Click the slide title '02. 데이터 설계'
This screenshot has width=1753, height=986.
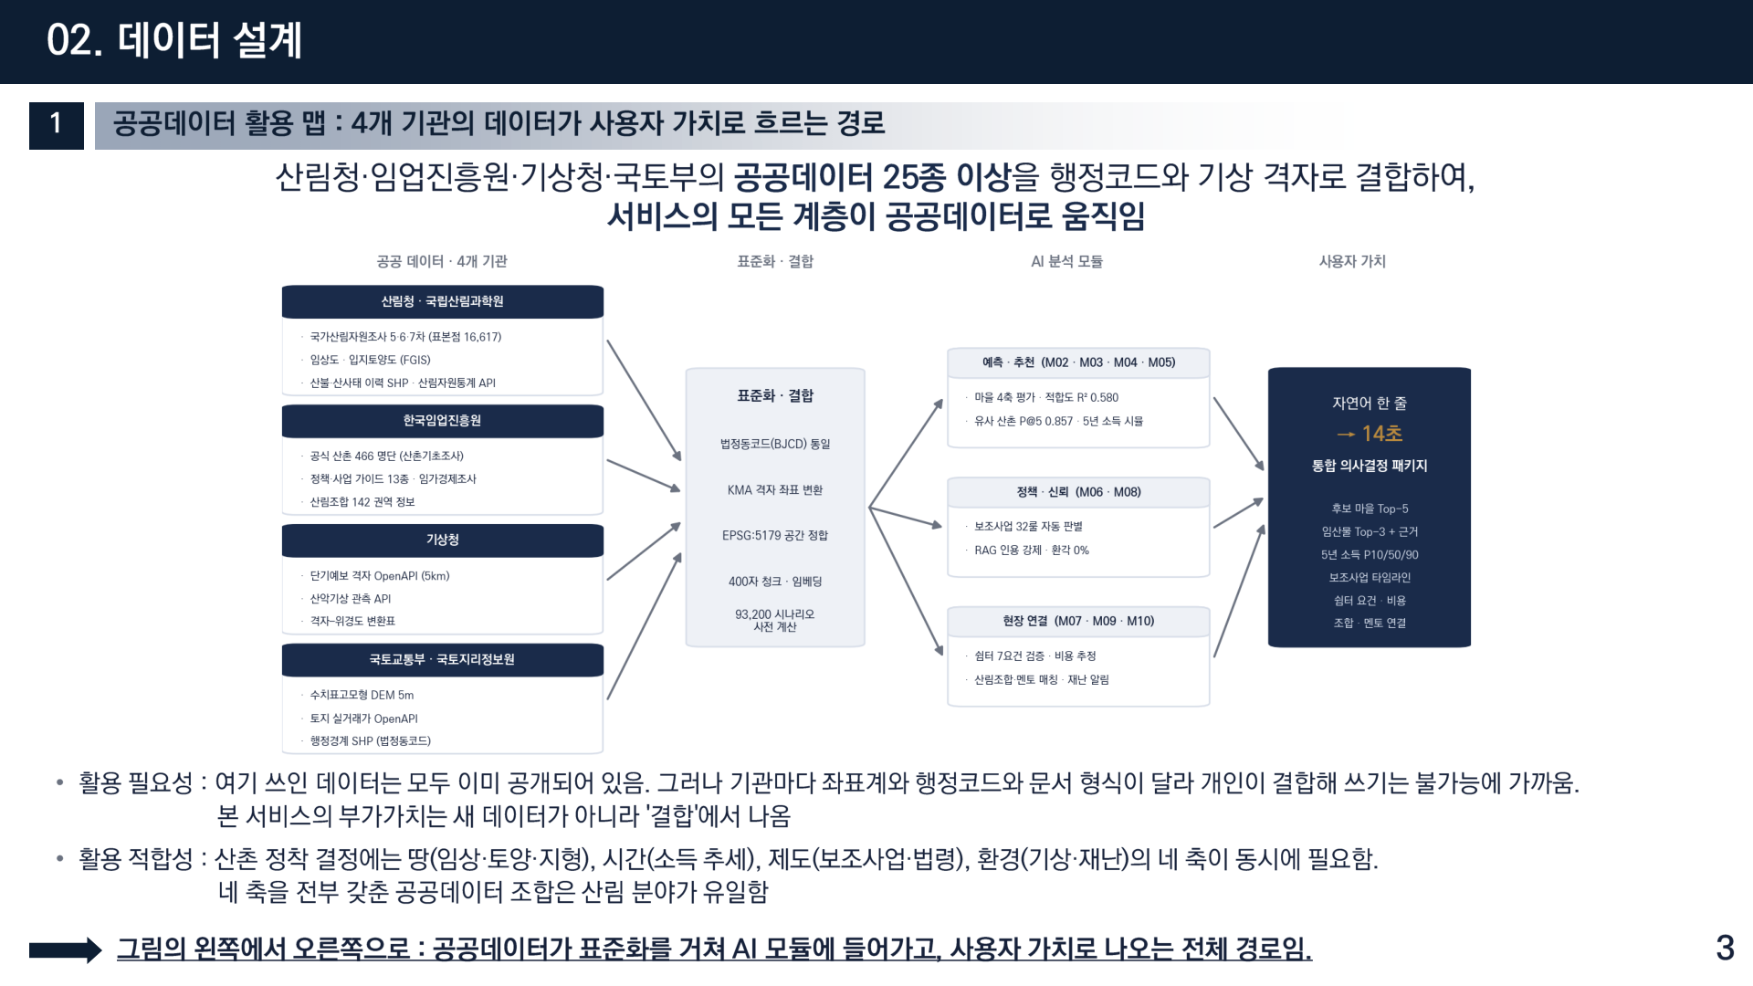pos(173,41)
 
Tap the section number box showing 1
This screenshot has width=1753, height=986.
pos(57,125)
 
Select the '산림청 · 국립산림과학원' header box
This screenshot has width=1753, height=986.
pos(443,301)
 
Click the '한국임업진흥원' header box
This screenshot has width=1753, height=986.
pos(443,421)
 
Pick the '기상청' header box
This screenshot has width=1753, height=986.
pos(443,540)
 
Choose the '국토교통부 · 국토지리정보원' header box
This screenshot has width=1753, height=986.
pos(443,659)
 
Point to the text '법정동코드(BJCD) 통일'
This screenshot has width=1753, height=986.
pos(775,445)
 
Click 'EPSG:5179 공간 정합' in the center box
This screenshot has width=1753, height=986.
pos(775,536)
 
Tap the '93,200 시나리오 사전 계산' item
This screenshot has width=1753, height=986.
pos(775,621)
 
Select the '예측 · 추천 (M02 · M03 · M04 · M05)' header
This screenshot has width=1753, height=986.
pos(1078,362)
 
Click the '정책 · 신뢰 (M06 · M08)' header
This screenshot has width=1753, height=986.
pos(1078,492)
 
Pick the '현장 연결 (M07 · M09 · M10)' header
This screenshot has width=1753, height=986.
pos(1078,622)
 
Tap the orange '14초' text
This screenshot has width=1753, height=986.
pos(1382,434)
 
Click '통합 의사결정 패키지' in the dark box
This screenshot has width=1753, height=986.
pos(1370,466)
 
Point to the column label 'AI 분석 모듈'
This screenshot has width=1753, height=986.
pos(1066,261)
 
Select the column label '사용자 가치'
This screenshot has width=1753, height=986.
pos(1352,261)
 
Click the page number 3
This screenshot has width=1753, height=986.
pos(1725,948)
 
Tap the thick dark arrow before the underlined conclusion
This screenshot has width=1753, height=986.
pos(65,950)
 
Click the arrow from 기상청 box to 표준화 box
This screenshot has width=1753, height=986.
pos(644,551)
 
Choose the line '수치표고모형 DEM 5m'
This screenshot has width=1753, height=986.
pos(362,696)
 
